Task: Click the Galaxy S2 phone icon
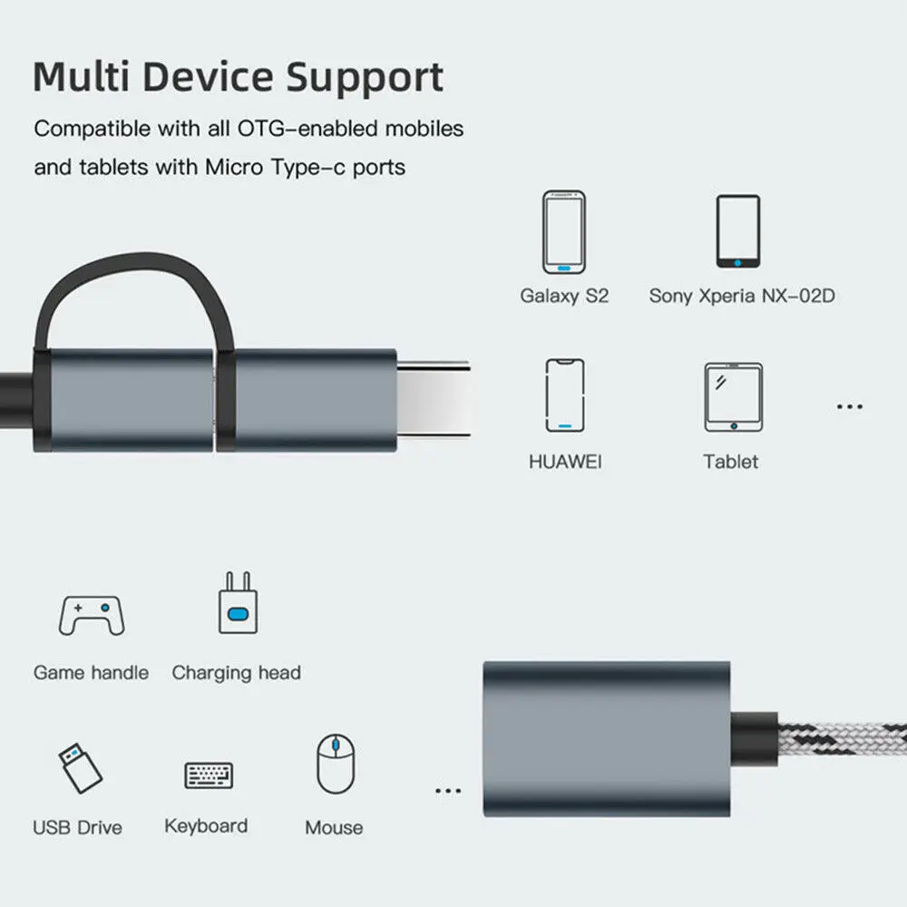[563, 232]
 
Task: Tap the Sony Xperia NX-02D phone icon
[737, 232]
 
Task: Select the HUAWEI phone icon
[564, 395]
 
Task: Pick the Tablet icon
[733, 397]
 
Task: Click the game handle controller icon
[90, 615]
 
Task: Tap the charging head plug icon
[238, 602]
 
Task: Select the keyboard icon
[209, 775]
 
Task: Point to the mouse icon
[335, 764]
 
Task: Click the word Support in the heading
[365, 77]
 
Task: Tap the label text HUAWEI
[564, 462]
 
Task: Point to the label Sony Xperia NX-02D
[741, 296]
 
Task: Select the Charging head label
[236, 673]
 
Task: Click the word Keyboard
[206, 826]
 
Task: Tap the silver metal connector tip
[433, 400]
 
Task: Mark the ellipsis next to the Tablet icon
[849, 406]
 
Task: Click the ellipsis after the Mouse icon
[448, 791]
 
